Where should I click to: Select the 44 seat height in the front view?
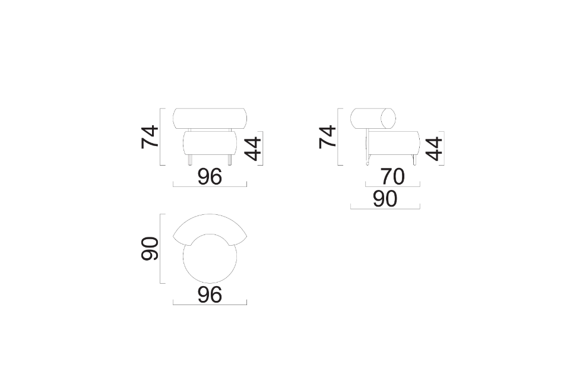point(254,148)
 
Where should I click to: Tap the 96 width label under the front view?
point(210,176)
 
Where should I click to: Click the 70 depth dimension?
point(392,176)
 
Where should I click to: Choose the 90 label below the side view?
point(385,199)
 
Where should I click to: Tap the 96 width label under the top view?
point(210,294)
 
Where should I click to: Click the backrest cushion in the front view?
point(210,118)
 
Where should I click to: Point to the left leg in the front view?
point(190,160)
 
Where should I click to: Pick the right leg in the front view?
point(230,160)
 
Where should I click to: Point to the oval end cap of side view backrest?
point(389,118)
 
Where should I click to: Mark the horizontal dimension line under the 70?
point(392,186)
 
